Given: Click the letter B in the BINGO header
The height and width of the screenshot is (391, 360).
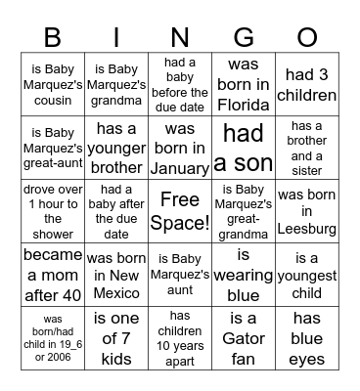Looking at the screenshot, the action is click(52, 36).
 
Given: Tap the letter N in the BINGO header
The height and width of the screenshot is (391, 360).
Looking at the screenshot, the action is click(179, 36).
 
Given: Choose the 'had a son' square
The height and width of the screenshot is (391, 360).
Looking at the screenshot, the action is click(244, 148).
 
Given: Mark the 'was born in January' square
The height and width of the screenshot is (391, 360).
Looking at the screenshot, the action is click(180, 148).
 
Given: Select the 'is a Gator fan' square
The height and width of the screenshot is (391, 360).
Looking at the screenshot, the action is click(244, 338).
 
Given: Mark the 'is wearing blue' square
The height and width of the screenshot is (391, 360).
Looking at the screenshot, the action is click(244, 275).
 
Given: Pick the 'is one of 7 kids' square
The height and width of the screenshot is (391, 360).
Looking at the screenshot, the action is click(116, 338).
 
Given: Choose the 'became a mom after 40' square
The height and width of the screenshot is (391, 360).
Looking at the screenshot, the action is click(53, 275).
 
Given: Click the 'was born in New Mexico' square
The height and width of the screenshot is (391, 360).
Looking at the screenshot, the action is click(116, 275).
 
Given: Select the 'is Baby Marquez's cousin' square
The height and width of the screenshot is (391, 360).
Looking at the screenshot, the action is click(53, 84).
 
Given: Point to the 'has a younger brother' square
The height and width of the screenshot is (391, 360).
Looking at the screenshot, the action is click(116, 148).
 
